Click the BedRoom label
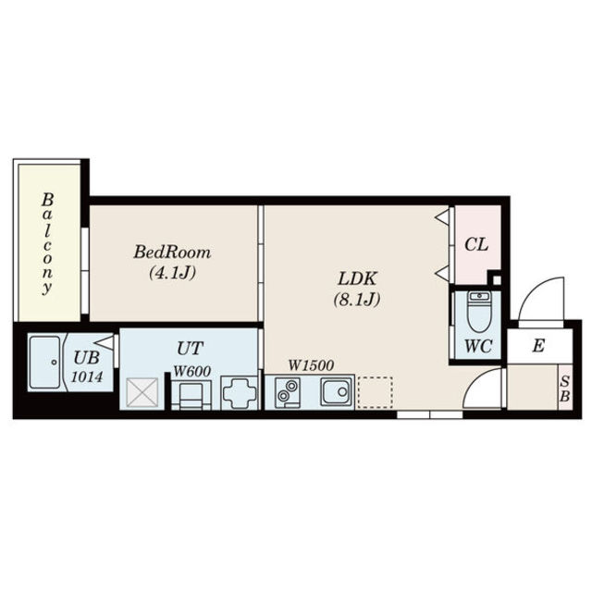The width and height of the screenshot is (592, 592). click(x=172, y=253)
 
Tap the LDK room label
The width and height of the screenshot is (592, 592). click(x=357, y=279)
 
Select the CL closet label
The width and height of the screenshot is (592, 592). click(x=476, y=244)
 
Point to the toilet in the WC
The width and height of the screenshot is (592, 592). click(x=478, y=312)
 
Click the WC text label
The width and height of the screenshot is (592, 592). click(x=478, y=346)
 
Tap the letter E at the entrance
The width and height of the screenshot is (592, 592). click(x=538, y=345)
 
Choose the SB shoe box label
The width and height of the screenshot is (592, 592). click(x=564, y=388)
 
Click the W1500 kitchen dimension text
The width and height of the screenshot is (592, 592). click(x=311, y=365)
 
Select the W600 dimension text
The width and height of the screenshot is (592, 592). click(x=192, y=371)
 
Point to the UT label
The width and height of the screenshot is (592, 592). click(x=191, y=348)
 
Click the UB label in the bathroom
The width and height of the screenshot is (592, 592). click(x=86, y=357)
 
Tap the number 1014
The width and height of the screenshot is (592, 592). click(x=87, y=376)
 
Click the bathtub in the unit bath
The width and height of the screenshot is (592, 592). click(x=45, y=362)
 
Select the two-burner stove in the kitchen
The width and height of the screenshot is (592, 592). click(x=288, y=391)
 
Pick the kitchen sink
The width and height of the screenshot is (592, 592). click(x=336, y=391)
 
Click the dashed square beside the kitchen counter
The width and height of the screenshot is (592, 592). click(x=375, y=392)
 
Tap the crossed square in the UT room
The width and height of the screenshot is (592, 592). click(x=142, y=392)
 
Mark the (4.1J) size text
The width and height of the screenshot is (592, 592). click(x=173, y=273)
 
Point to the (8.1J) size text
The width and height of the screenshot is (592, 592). click(x=357, y=300)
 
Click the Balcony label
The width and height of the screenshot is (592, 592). click(x=47, y=243)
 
